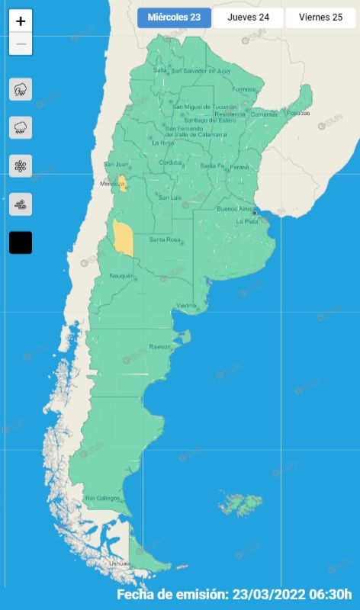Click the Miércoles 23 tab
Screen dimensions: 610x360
point(175,18)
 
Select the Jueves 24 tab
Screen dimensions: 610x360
point(248,18)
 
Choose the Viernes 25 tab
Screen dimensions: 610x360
point(320,18)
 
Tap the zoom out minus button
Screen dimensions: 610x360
point(21,44)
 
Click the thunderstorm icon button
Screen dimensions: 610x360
point(21,90)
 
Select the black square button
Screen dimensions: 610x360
point(21,242)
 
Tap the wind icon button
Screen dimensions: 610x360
point(21,204)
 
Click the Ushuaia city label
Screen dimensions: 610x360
point(120,563)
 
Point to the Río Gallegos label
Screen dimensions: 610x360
point(102,498)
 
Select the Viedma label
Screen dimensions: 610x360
point(187,306)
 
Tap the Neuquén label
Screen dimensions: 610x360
point(121,275)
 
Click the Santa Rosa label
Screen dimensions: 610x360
point(164,240)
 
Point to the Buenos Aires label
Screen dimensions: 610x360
point(234,208)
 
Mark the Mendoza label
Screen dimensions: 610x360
point(111,184)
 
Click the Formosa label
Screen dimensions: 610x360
point(244,89)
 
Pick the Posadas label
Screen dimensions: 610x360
point(299,113)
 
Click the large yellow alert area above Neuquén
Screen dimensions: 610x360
point(123,238)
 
